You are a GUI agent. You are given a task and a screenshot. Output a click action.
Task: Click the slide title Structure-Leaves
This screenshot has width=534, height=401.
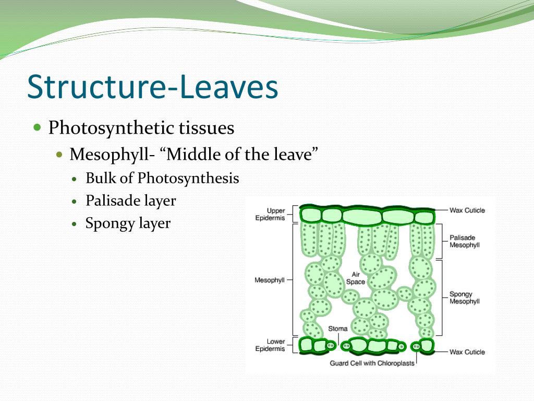pyautogui.click(x=152, y=88)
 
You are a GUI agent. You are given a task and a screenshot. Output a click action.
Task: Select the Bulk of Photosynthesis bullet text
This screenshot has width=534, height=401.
pyautogui.click(x=162, y=179)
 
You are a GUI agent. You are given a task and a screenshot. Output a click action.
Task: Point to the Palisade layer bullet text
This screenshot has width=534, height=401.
pyautogui.click(x=131, y=201)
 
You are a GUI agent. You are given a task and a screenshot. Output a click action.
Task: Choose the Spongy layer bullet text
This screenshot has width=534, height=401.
pyautogui.click(x=128, y=223)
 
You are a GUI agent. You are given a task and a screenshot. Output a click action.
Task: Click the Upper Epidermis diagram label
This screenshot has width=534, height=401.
pyautogui.click(x=270, y=214)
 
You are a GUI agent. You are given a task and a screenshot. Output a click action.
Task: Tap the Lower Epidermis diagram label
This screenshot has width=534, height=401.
pyautogui.click(x=270, y=345)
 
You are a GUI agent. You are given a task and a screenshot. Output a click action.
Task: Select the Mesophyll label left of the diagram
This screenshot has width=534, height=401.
pyautogui.click(x=270, y=280)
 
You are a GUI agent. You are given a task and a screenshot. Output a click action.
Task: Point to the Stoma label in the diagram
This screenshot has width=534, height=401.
pyautogui.click(x=337, y=329)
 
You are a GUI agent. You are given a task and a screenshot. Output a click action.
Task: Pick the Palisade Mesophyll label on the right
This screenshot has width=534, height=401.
pyautogui.click(x=464, y=241)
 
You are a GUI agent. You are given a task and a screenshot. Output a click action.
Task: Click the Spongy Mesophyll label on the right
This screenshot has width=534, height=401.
pyautogui.click(x=464, y=298)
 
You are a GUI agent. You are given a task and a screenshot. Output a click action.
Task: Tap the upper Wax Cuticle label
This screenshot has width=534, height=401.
pyautogui.click(x=467, y=210)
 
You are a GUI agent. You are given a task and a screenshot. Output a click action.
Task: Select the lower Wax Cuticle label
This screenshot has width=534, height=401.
pyautogui.click(x=467, y=352)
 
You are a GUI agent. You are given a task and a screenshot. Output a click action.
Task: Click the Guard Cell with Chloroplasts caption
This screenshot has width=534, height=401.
pyautogui.click(x=372, y=363)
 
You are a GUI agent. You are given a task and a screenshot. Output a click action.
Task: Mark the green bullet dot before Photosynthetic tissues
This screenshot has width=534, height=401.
pyautogui.click(x=37, y=127)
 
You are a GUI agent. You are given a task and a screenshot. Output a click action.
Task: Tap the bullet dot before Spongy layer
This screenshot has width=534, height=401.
pyautogui.click(x=75, y=224)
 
